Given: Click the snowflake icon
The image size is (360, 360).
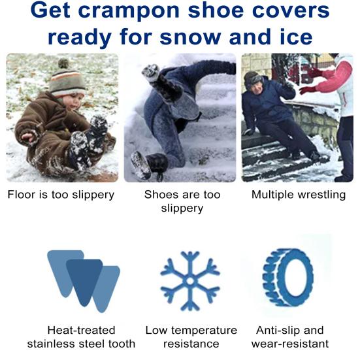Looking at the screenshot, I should (190, 280).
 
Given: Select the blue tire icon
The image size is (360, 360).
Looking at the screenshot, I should (287, 276).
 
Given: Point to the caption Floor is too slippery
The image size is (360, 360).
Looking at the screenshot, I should (61, 195).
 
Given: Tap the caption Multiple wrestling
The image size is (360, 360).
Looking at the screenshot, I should (299, 195).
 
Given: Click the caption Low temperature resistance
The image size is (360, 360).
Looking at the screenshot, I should (191, 337).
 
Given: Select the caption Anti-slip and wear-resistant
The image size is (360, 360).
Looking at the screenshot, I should (290, 337).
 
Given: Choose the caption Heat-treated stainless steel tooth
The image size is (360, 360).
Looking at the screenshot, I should (82, 337).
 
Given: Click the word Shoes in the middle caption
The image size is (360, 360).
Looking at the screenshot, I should (161, 195).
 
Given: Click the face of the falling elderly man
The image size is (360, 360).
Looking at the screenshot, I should (255, 84).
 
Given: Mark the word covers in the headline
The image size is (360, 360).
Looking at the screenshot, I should (290, 11).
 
